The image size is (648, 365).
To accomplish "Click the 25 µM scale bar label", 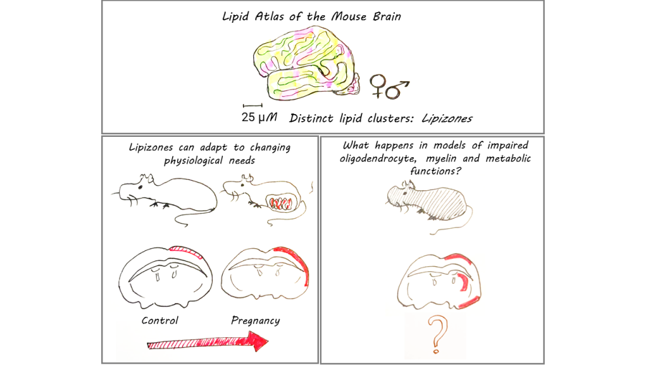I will pos(260,117).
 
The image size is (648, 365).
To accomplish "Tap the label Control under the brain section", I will pos(160,320).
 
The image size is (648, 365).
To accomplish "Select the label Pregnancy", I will pos(255,320).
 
